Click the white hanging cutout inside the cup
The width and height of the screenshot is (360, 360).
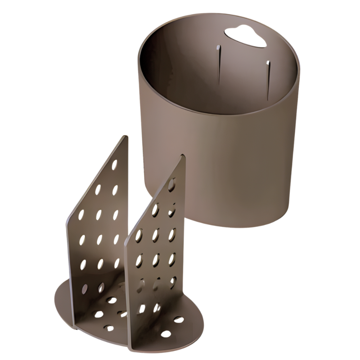[245, 36]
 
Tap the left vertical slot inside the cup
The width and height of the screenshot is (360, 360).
[218, 63]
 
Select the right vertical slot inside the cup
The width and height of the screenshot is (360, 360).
[267, 79]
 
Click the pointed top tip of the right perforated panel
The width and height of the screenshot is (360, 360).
[183, 156]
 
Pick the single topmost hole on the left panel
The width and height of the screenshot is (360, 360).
[114, 165]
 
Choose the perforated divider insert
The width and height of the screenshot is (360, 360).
[126, 252]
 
